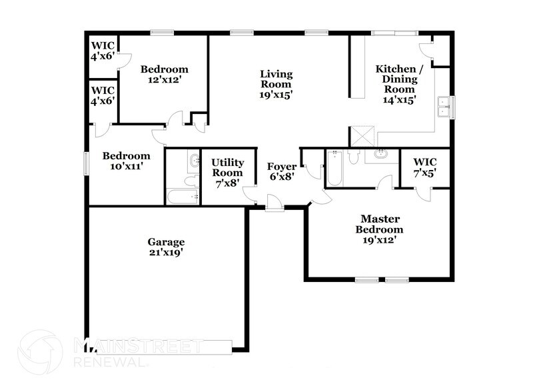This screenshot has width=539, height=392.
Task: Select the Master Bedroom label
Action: [379, 224]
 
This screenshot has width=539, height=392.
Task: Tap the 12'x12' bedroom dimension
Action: [164, 79]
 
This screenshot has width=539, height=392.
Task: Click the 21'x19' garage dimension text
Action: [166, 253]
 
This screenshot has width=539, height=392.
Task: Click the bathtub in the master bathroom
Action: [334, 169]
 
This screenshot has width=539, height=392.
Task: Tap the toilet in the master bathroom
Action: [354, 155]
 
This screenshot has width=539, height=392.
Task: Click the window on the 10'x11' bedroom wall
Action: [86, 163]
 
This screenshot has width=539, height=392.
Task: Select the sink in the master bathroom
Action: [380, 154]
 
